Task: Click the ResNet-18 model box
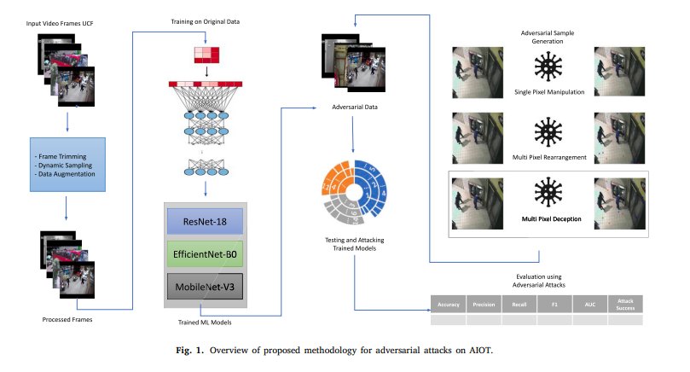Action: coord(205,222)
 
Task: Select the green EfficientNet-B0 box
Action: coord(205,253)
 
